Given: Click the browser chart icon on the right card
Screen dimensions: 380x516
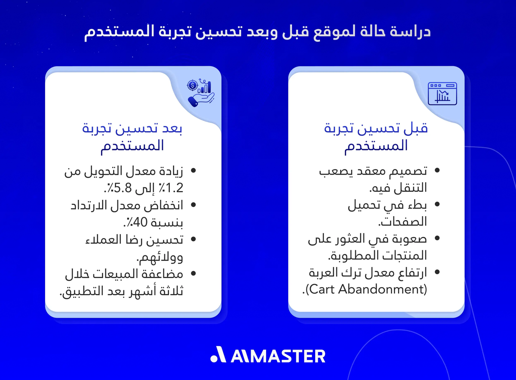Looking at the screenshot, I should coord(442,94).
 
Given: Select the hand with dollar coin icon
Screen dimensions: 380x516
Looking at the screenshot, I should coord(201,93).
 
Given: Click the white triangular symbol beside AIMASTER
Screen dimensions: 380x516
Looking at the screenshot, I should coord(218,355).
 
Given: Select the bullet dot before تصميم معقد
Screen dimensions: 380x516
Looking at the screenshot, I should coord(437,171).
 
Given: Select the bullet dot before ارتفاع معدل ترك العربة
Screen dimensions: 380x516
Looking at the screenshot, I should coord(437,273).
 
